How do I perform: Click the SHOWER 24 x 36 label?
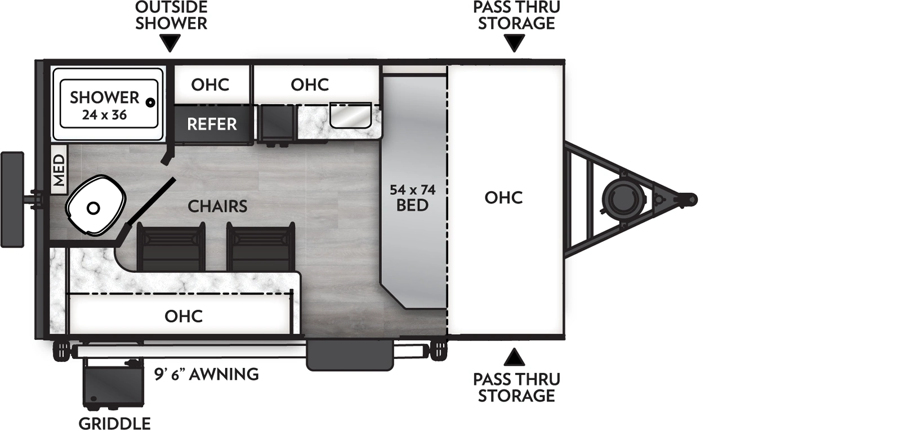coord(104,105)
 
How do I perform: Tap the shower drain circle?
coord(150,103)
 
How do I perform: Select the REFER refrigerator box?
coord(212,124)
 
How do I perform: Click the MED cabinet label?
coord(59,170)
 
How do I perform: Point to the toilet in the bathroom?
coord(94,207)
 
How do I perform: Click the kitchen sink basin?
coord(350,116)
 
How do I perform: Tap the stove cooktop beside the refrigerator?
coord(276,124)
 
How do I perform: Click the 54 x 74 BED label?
coord(413,197)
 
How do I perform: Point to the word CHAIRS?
coord(217,206)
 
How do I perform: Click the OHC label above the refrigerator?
coord(210,85)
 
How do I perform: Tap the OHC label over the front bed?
coord(503,197)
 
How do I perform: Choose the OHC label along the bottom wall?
coord(184,316)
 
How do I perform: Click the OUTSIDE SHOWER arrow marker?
coord(170,43)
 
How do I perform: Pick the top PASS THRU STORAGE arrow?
coord(514,43)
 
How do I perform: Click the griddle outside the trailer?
coord(112,383)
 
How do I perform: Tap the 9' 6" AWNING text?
coord(207,374)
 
